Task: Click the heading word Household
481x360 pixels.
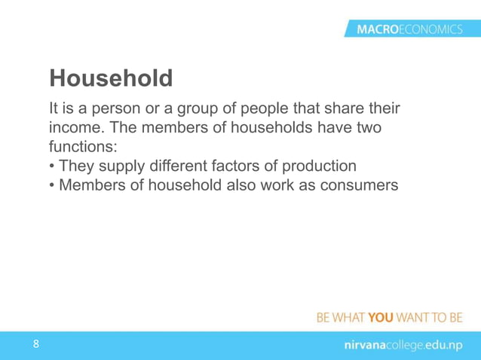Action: pyautogui.click(x=111, y=78)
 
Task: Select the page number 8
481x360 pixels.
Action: pyautogui.click(x=35, y=344)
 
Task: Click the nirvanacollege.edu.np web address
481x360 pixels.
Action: pyautogui.click(x=399, y=345)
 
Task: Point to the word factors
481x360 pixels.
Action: pyautogui.click(x=250, y=165)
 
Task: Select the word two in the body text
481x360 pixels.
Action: pyautogui.click(x=366, y=129)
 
